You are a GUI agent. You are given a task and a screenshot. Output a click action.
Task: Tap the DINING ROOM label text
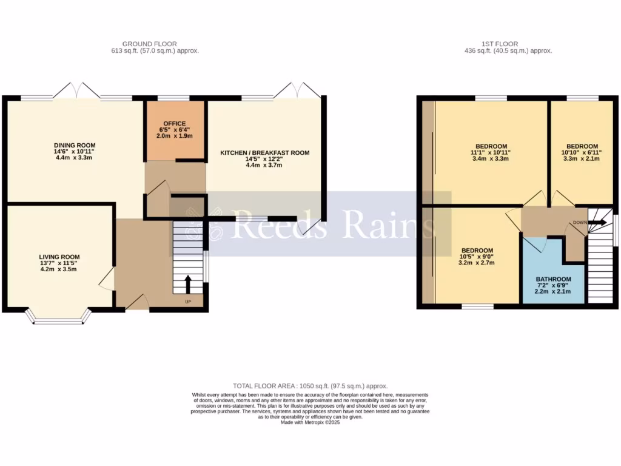(x=75, y=145)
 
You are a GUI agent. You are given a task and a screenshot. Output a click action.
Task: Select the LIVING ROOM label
(x=59, y=257)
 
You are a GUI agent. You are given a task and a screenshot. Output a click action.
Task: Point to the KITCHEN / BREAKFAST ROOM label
(x=264, y=153)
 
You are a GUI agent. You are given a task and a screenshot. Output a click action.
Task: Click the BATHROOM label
(x=553, y=279)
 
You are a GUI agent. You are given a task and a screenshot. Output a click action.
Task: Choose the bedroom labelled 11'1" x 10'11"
(x=491, y=146)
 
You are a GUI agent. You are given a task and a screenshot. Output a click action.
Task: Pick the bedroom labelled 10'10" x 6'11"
(x=582, y=146)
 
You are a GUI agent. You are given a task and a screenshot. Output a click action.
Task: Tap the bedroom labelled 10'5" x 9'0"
(x=477, y=251)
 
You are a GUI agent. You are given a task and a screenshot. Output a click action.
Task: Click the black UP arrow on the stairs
(x=187, y=283)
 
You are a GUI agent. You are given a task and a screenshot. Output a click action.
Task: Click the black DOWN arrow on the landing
(x=599, y=223)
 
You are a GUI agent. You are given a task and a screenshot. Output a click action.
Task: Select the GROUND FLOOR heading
(x=149, y=44)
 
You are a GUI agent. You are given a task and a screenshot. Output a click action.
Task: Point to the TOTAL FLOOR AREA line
(x=310, y=386)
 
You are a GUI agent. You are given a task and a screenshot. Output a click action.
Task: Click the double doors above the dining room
(x=76, y=91)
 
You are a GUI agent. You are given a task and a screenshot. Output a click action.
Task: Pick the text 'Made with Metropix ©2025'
(x=310, y=423)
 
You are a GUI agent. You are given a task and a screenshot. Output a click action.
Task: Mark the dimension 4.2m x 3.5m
(x=59, y=269)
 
